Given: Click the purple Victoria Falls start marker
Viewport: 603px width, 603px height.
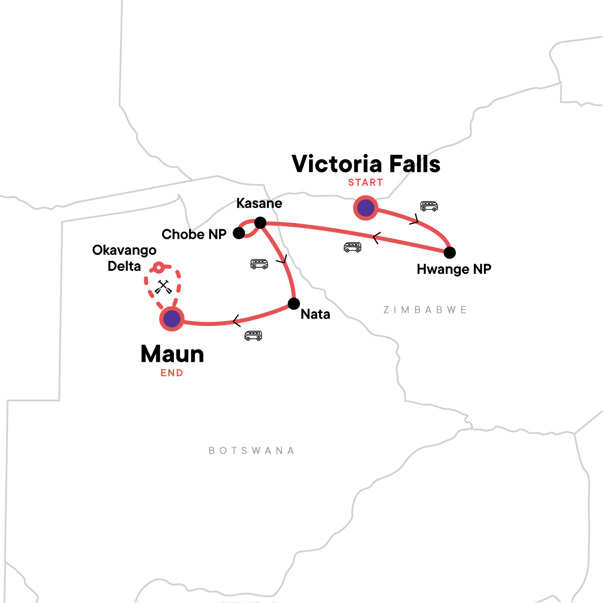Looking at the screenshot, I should point(365,207).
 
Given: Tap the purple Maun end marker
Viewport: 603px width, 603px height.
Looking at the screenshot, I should point(172,319).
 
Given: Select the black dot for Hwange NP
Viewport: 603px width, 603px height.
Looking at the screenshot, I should point(450,252).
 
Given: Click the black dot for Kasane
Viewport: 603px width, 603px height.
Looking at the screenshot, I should point(260,223).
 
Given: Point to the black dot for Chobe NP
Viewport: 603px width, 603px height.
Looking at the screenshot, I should point(239,233).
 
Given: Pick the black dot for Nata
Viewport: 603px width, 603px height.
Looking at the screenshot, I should point(293,304).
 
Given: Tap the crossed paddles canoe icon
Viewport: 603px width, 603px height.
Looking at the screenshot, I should point(162,287).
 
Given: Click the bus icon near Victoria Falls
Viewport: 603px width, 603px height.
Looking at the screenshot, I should point(429,206).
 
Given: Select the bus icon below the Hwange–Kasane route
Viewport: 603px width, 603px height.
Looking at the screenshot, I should point(352,247).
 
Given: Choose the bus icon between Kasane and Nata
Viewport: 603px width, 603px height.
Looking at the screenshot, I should point(259,264).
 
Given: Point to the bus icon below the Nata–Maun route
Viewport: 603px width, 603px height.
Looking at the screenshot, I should point(253,335).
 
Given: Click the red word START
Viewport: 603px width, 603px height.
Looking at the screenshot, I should point(365,182).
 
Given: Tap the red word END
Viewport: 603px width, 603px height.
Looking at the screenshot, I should point(172,373).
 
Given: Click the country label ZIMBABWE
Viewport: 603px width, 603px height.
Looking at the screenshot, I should point(425,310).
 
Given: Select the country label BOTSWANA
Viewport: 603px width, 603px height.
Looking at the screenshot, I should point(252,450).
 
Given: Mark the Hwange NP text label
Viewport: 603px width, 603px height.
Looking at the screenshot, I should point(454,269).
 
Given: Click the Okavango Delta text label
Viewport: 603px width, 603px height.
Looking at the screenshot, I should point(124,258).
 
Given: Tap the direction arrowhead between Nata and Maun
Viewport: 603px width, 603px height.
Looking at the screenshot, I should point(235,320).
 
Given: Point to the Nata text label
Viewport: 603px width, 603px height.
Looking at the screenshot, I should point(315,315).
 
